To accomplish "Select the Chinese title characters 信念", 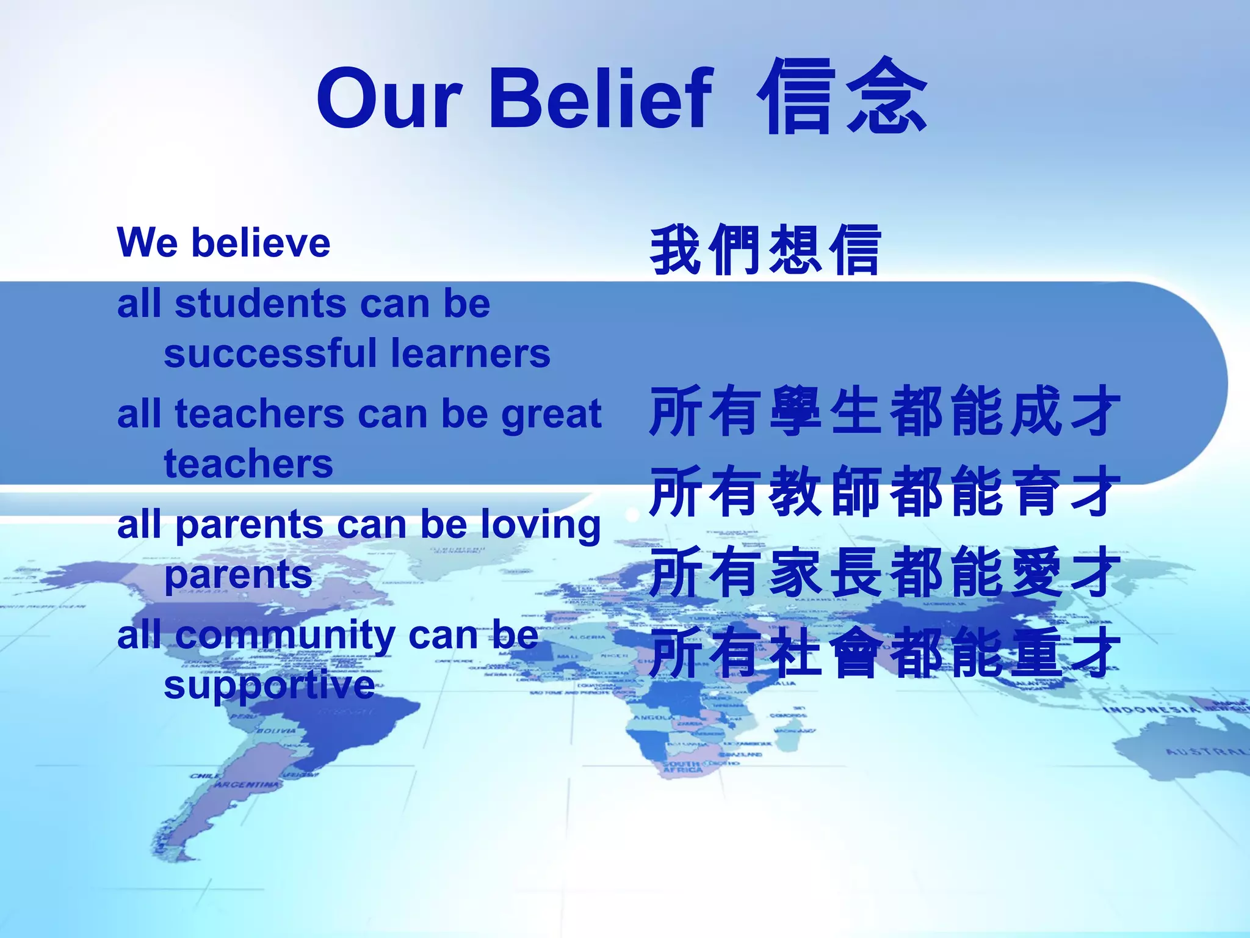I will point(842,98).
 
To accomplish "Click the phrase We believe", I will point(223,243).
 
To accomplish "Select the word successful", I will point(271,354).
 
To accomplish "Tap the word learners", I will point(471,354).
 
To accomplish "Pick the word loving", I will point(541,526).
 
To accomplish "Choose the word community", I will point(286,636).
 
